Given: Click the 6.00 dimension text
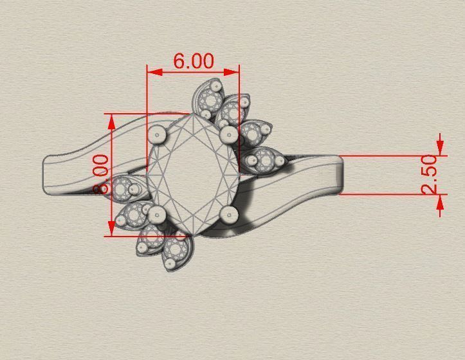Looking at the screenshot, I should click(x=193, y=61).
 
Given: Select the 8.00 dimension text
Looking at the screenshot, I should click(x=101, y=174).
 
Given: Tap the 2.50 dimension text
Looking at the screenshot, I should click(x=429, y=174).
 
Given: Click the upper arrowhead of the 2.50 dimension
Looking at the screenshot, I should click(x=440, y=150).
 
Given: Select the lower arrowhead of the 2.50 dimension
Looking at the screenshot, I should click(x=440, y=199).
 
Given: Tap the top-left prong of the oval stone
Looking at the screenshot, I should click(x=156, y=134).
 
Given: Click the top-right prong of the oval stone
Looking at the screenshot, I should click(x=228, y=135).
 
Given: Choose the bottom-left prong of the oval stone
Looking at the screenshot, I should click(x=158, y=213).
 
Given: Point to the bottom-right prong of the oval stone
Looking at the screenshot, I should click(x=227, y=213).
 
